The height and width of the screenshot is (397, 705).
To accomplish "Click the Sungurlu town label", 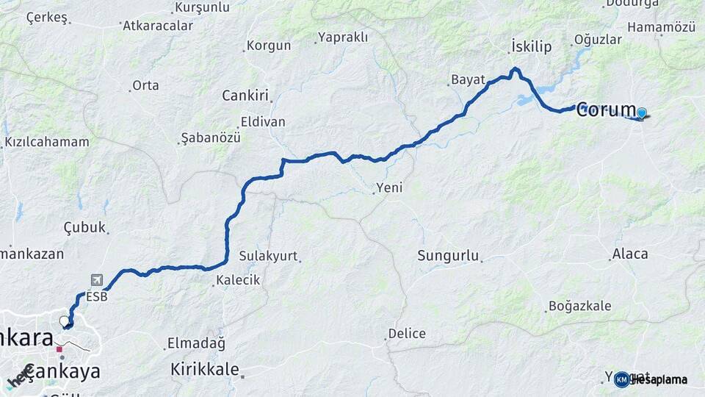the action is [x=448, y=256].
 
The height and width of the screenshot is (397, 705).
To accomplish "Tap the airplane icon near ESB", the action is [x=96, y=280].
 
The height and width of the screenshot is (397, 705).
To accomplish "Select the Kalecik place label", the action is [x=238, y=280].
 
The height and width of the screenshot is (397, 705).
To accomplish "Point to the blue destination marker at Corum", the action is [x=641, y=113].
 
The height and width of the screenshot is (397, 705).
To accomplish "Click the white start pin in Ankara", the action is [x=65, y=321].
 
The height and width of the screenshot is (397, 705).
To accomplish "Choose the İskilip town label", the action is [x=531, y=47].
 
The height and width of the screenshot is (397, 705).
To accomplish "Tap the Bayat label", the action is [x=468, y=79].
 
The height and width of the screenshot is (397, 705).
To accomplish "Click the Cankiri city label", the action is [x=245, y=96].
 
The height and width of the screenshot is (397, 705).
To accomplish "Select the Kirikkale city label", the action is [x=205, y=369].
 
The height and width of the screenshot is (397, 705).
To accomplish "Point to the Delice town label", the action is [x=406, y=334].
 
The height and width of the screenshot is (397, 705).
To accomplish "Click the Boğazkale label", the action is [x=579, y=306].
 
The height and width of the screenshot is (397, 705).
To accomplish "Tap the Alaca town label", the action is [x=629, y=254].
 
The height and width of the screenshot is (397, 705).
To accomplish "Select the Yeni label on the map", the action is [x=389, y=188].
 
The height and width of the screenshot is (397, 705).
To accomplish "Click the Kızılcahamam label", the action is [x=46, y=142].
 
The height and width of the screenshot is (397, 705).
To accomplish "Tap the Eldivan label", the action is [x=262, y=122].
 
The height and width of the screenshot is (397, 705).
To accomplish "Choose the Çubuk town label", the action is [x=84, y=227].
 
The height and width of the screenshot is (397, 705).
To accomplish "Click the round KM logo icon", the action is [x=622, y=379].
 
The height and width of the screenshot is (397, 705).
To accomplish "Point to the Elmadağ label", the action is [x=196, y=343].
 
